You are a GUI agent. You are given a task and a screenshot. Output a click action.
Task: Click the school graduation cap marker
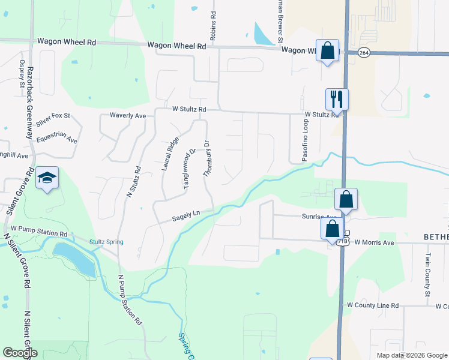coord(47,178)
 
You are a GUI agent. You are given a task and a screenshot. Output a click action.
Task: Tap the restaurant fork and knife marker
coord(337,99)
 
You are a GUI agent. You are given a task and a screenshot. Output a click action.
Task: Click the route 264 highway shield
coord(364,53)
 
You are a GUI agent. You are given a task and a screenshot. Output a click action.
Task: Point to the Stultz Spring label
coord(106,242)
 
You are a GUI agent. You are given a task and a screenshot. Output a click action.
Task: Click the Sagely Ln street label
coord(185,216)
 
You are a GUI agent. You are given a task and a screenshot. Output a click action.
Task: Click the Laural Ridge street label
coord(170,153)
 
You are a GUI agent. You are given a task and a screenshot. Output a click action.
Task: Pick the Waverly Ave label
coord(128,115)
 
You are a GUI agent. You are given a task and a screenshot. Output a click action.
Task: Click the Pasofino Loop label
coord(304,137)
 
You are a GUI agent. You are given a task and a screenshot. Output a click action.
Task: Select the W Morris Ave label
coord(374,242)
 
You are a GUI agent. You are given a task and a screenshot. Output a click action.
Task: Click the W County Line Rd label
coord(373,305)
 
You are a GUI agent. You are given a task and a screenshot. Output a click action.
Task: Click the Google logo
coord(20,352)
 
